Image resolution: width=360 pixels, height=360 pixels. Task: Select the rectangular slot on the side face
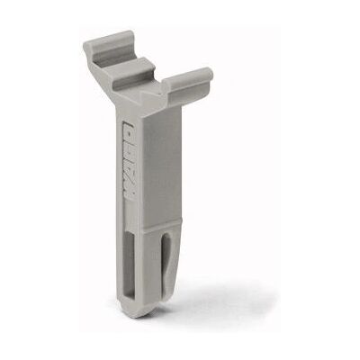coord(130,259)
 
